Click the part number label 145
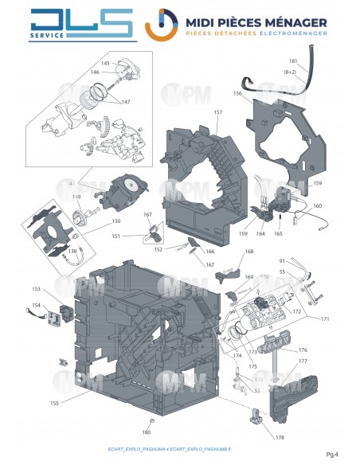[105, 63]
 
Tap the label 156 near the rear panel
[237, 93]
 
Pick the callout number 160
[318, 206]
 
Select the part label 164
[260, 233]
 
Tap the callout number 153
[36, 289]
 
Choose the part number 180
[146, 432]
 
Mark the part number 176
[303, 350]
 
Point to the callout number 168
[249, 252]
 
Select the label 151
[117, 236]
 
